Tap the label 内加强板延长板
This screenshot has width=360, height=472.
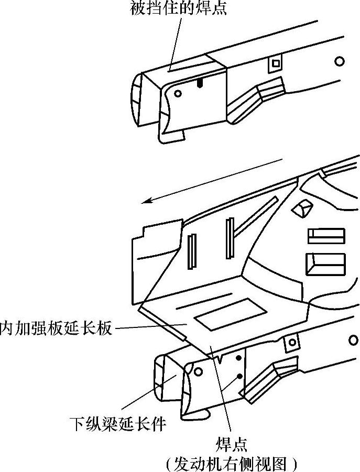56,328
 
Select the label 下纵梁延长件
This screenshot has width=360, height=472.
118,423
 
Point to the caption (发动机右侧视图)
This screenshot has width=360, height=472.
231,463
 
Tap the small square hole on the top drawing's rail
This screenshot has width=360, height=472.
275,64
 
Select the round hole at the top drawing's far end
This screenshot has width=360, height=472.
340,62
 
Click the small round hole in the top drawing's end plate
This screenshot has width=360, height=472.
178,94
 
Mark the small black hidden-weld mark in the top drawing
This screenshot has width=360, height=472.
199,83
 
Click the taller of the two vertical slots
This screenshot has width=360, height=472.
230,238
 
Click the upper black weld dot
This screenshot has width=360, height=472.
239,358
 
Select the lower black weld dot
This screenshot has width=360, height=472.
239,376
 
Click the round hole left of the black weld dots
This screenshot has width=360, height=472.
199,371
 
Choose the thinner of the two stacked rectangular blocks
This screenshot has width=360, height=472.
326,236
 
